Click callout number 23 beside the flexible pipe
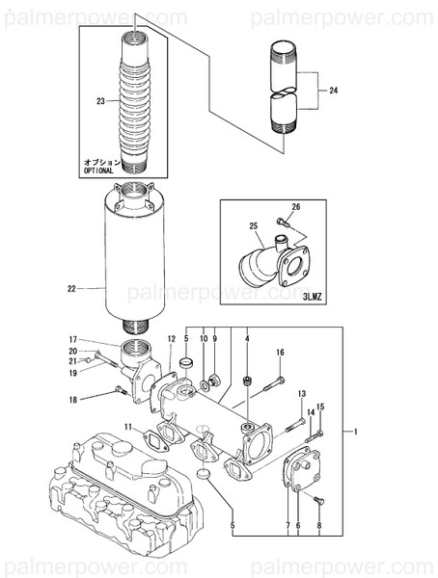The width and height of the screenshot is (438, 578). [100, 101]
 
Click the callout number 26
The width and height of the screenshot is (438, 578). [296, 207]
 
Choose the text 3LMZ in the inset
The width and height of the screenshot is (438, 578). [311, 298]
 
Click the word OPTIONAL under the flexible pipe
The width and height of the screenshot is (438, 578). [99, 170]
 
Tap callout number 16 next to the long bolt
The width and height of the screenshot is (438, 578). [280, 354]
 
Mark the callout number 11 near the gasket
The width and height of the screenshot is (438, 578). [126, 426]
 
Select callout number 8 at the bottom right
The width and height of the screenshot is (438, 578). [319, 527]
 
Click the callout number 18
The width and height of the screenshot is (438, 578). [71, 399]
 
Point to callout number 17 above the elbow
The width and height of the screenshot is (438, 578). [71, 339]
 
